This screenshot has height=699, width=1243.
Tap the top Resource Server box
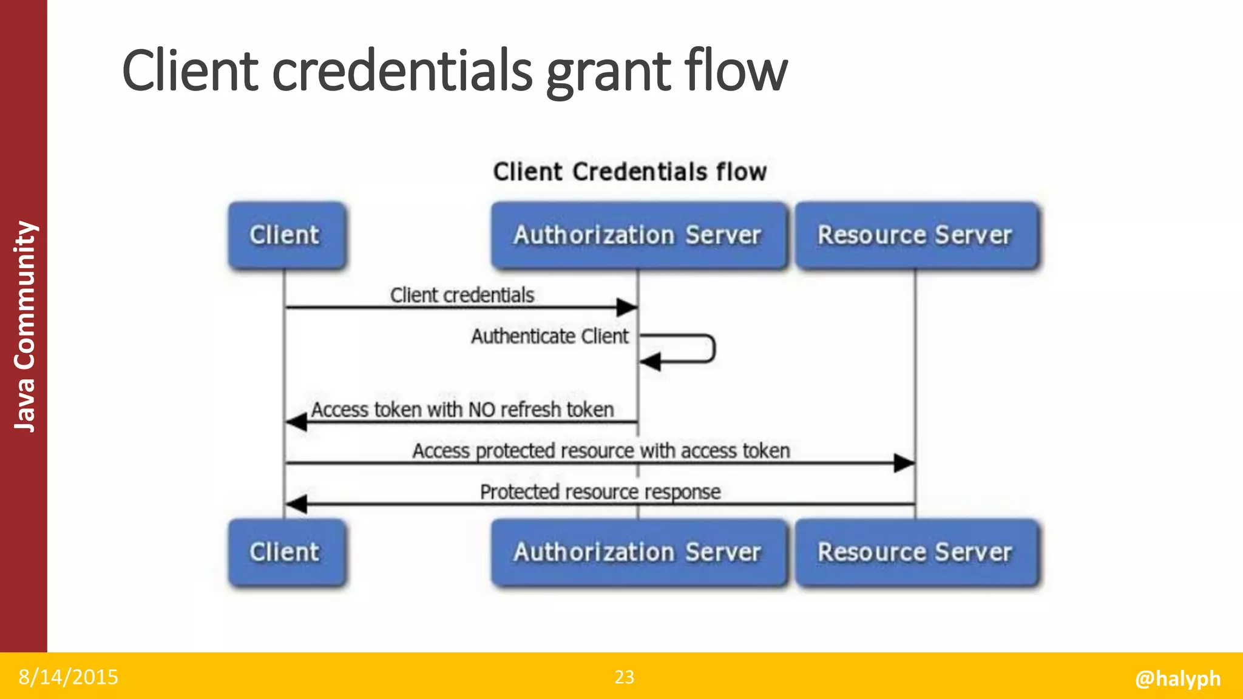point(916,235)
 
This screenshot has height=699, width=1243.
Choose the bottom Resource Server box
point(916,552)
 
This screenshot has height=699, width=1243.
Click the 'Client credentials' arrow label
point(462,295)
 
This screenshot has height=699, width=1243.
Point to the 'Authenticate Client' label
point(550,336)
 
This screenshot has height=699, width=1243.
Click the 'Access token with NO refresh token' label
point(462,410)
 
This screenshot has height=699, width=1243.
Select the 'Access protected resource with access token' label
point(601,451)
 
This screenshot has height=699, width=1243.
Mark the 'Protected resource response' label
point(600,491)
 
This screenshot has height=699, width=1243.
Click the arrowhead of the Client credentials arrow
point(628,308)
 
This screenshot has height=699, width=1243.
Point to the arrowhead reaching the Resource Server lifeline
point(904,463)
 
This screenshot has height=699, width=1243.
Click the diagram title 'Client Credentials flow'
point(630,172)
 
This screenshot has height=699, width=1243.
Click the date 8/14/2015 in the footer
point(68,677)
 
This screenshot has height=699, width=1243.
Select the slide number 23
point(625,677)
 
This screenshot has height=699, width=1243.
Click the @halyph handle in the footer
point(1177,678)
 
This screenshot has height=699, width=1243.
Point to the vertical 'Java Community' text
point(24,326)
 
